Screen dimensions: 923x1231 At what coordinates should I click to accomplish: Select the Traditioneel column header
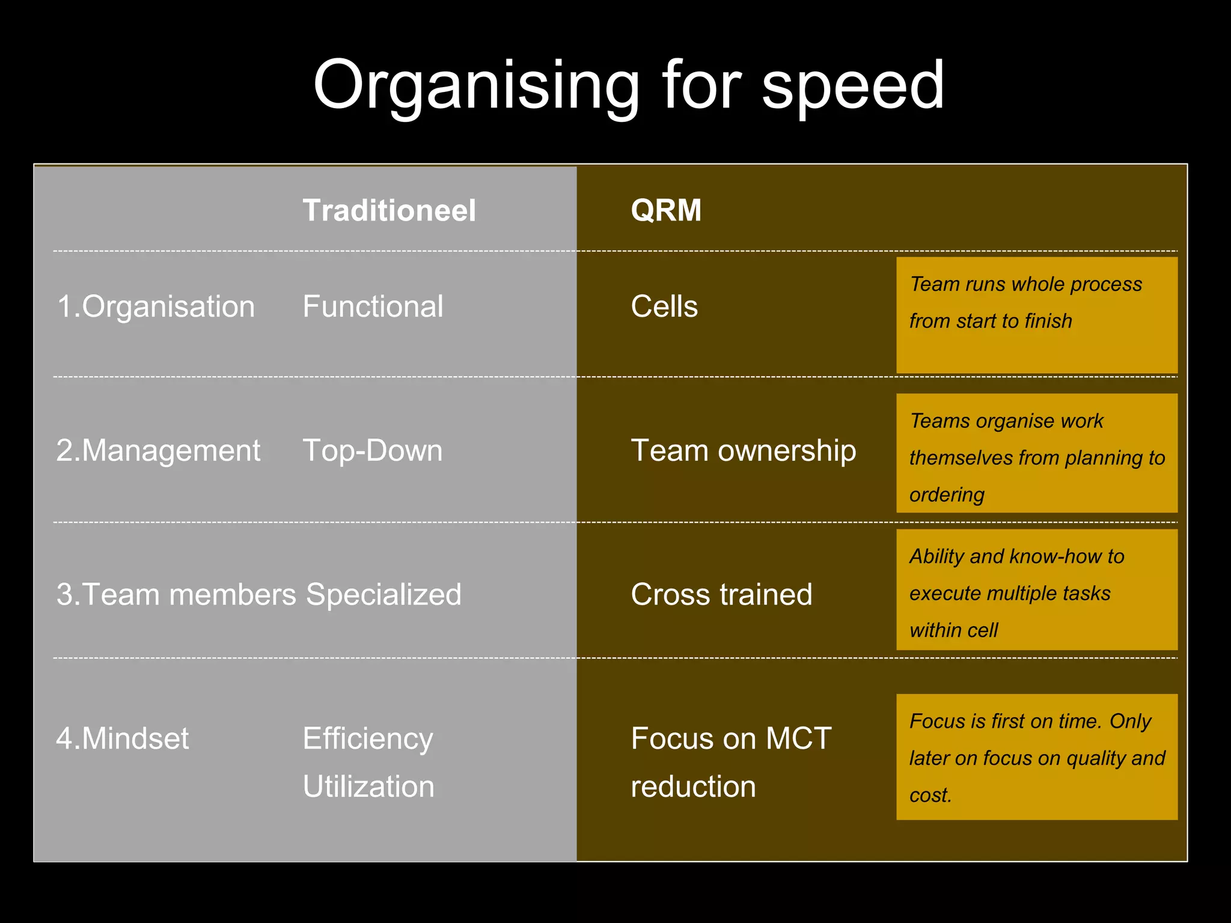tap(389, 211)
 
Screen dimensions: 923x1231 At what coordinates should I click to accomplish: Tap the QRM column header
tap(666, 211)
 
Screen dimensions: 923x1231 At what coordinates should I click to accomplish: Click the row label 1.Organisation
tap(156, 306)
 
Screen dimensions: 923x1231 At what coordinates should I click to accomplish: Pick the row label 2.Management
tap(158, 451)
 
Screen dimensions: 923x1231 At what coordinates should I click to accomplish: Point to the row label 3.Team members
tap(176, 594)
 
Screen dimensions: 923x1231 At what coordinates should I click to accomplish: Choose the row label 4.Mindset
tap(123, 738)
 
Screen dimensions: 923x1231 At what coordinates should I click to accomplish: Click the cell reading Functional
tap(373, 306)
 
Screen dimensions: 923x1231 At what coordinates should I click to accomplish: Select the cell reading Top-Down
tap(373, 451)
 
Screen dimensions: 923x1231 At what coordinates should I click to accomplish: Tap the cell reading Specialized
tap(383, 594)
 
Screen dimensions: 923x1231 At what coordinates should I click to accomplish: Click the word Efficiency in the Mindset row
tap(368, 738)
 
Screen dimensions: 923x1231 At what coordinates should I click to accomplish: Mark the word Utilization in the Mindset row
tap(368, 786)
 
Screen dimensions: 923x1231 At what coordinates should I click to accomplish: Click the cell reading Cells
tap(664, 306)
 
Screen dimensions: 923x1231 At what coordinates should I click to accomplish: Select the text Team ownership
tap(744, 451)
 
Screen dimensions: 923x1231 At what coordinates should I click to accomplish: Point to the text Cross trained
tap(721, 594)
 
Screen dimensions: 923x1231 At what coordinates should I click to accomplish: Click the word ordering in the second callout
tap(947, 495)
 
